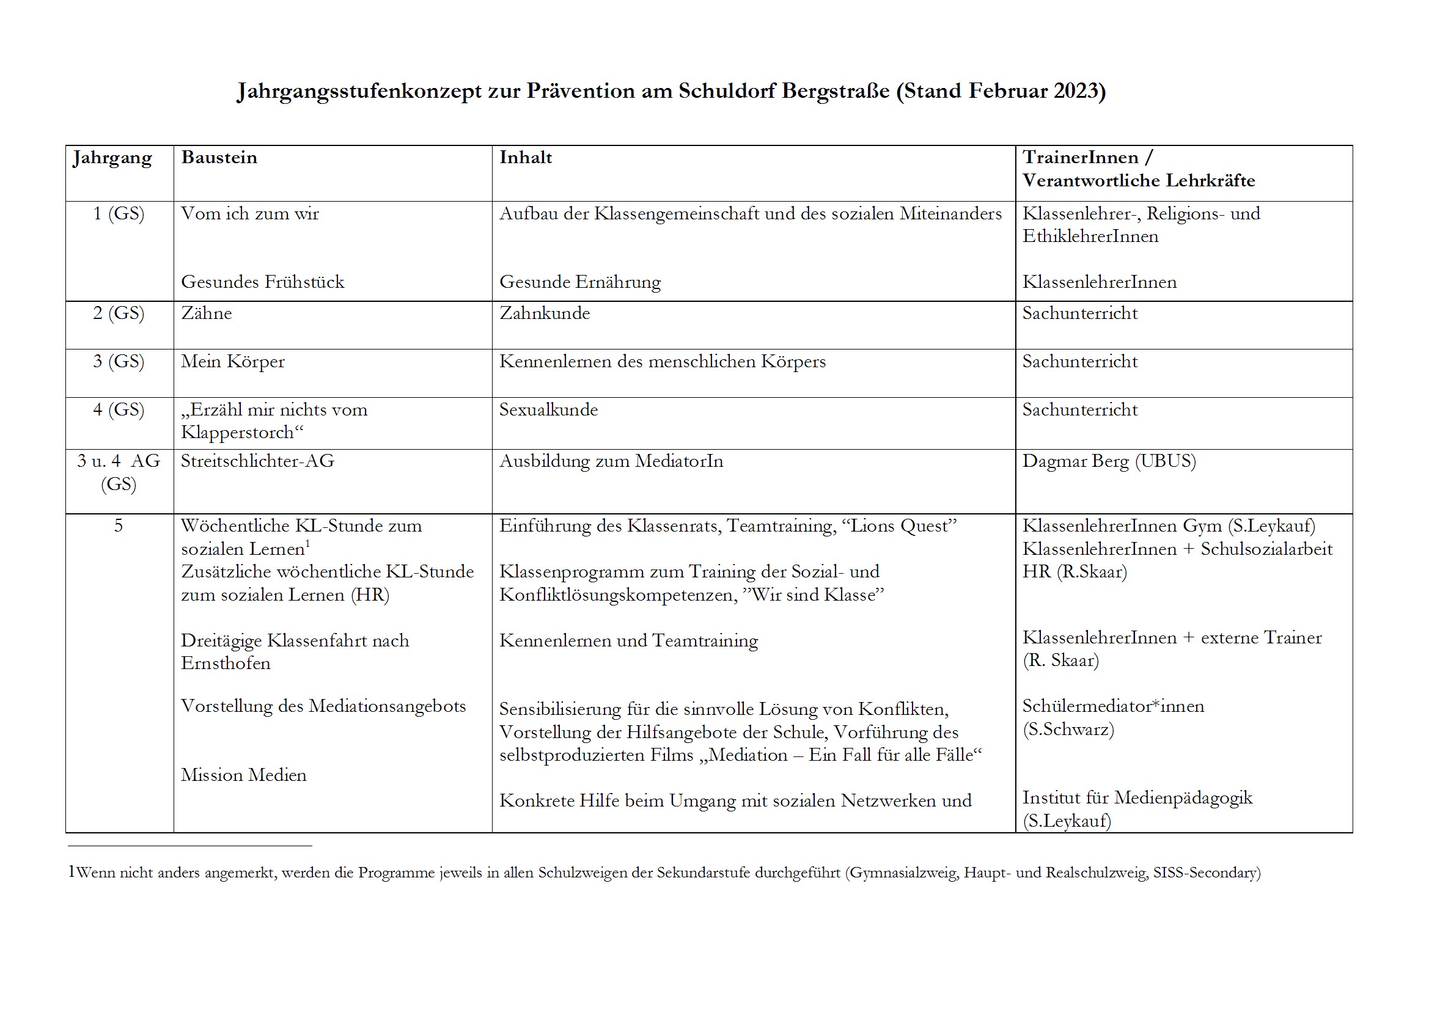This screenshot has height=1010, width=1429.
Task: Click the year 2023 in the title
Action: point(1076,91)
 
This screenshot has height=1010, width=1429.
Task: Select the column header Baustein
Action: point(219,158)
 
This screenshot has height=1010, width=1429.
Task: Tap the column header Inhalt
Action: point(525,158)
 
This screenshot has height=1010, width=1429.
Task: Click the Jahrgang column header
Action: point(112,159)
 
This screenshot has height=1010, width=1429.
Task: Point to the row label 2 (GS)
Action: point(118,313)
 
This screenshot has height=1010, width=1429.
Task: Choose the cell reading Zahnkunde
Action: point(545,313)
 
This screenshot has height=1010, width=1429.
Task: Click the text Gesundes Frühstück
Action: point(263,282)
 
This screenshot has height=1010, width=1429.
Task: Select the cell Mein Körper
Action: point(233,362)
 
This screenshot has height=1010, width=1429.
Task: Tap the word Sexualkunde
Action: point(548,409)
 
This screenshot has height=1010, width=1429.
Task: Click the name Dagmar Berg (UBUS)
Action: point(1109,461)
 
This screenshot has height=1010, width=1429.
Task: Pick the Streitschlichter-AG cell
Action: point(258,461)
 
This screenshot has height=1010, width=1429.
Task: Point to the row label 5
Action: point(118,526)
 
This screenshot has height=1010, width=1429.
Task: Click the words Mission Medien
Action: point(244,775)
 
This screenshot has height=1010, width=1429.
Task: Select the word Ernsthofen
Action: point(226,664)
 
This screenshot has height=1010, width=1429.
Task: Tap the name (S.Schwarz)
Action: point(1068,730)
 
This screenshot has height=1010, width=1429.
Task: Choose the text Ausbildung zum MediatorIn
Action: point(611,461)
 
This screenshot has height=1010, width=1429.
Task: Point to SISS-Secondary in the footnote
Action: point(1206,873)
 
